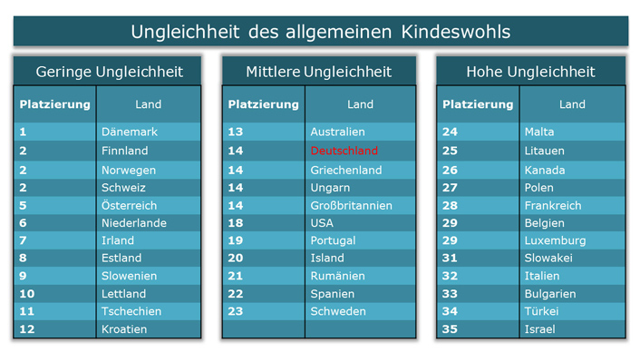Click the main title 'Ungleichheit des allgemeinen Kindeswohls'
pos(320,32)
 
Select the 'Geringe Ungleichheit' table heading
pos(109,72)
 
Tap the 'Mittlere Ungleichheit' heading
pos(319,72)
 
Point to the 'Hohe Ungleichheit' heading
pos(530,72)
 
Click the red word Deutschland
pos(344,151)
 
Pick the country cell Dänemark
pos(130,132)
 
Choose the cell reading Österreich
pos(129,206)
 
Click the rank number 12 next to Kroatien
pos(27,329)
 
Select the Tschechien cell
pos(131,311)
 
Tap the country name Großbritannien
pos(351,206)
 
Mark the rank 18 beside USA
pos(236,223)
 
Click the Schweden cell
pos(338,311)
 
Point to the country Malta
pos(539,132)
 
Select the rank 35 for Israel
pos(451,329)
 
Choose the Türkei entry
pos(541,311)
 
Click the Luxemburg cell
pos(555,240)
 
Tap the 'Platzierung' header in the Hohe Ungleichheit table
pos(478,104)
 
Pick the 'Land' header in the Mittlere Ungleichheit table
pos(360,104)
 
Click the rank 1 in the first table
pos(24,132)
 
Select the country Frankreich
pos(553,206)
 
